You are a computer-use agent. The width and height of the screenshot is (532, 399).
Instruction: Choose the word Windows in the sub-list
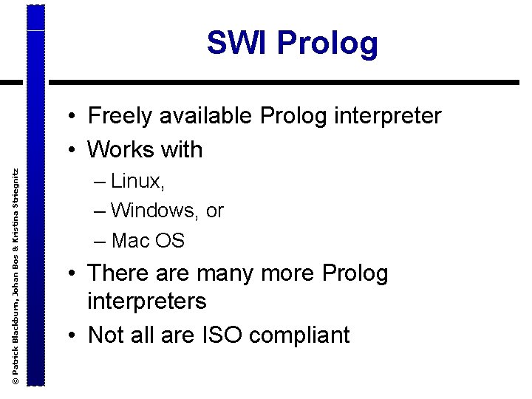(x=154, y=211)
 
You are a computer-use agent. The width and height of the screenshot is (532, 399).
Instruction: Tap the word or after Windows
(x=215, y=211)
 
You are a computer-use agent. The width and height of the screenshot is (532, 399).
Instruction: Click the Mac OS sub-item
(x=148, y=240)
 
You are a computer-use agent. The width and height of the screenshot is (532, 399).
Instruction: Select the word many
(x=238, y=274)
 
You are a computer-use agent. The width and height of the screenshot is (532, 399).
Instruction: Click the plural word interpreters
(x=146, y=301)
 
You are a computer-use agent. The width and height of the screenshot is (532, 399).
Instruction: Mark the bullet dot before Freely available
(x=75, y=117)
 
